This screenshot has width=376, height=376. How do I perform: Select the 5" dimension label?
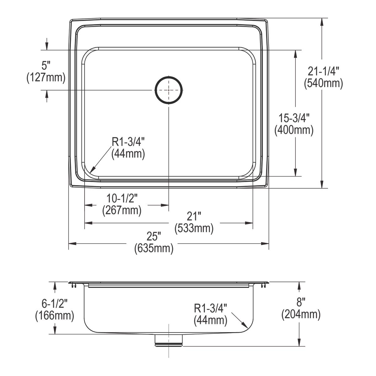coord(46,66)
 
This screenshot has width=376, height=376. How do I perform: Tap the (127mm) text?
coord(46,77)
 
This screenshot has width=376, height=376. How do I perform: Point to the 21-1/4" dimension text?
coord(323,72)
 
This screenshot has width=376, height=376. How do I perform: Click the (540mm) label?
coord(323,83)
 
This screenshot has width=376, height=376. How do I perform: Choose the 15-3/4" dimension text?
coord(294,118)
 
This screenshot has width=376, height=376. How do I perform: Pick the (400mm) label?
coord(294,130)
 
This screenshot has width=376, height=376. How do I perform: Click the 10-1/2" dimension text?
coord(122,198)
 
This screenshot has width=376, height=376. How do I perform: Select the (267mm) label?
coord(122,210)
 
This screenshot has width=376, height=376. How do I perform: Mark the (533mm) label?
coord(194,228)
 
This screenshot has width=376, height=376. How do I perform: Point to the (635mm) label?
coord(154,248)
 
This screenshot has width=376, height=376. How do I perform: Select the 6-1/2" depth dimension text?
coord(55,303)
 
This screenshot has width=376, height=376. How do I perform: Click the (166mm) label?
coord(55,315)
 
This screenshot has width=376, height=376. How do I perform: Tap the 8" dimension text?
coord(301,302)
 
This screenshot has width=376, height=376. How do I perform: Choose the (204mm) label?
coord(301,314)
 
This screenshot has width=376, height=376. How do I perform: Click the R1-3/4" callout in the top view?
coord(128,142)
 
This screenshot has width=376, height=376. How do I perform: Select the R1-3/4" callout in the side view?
coord(210,308)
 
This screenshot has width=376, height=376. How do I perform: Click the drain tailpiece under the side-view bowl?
coord(169,340)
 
